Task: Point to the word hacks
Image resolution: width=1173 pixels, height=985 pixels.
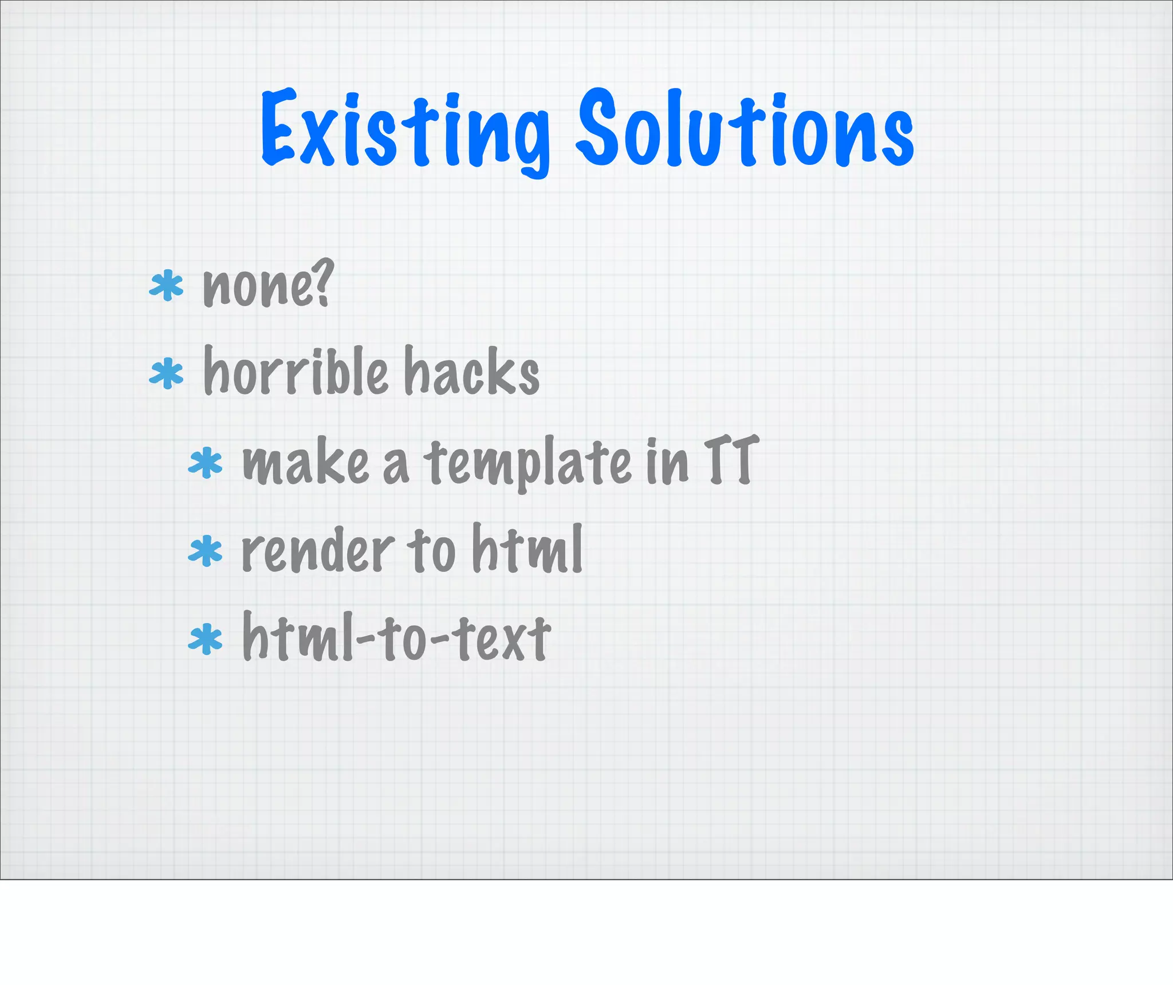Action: (472, 372)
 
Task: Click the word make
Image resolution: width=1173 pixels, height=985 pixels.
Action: (305, 463)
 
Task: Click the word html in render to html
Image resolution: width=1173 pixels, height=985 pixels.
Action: (527, 550)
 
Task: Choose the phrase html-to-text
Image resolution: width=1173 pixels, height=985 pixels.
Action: (396, 637)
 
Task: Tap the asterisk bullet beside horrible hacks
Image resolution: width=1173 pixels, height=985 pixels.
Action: (167, 373)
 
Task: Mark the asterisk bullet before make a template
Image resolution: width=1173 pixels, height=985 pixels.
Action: (206, 464)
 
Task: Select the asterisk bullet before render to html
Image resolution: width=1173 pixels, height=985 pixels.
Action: (206, 551)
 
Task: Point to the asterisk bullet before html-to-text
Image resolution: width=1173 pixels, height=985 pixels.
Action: (206, 640)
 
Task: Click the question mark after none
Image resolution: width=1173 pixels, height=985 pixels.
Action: (323, 282)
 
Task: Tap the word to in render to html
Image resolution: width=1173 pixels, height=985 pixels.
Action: (431, 551)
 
